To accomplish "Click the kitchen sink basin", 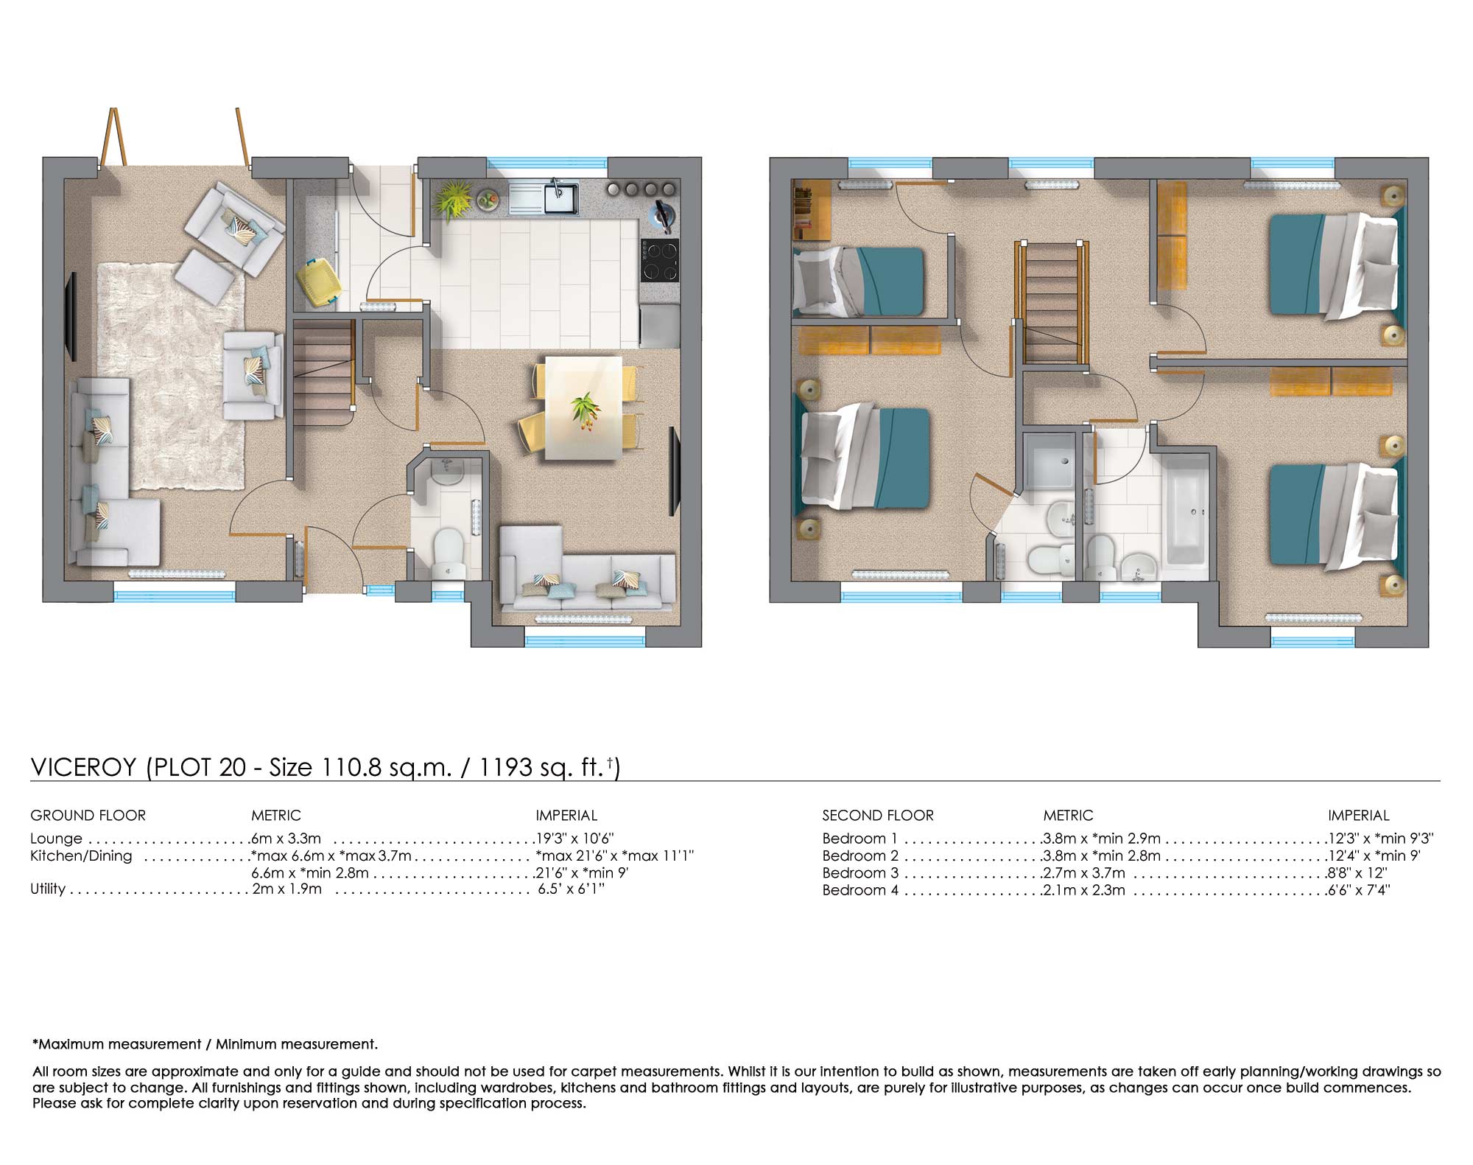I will [560, 198].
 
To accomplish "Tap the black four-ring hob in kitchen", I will [659, 260].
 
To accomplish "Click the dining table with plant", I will [583, 407].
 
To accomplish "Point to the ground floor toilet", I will [448, 554].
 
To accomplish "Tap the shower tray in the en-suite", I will [1049, 461].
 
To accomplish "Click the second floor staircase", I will [1052, 302].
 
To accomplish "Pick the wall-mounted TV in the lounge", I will [72, 316].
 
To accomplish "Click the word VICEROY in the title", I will [83, 767].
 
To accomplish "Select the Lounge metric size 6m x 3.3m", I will [286, 839].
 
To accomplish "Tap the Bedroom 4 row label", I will [859, 890].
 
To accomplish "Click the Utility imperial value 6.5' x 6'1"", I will [571, 889].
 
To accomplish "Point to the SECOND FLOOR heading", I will [877, 816].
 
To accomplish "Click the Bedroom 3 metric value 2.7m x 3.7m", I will [1084, 873].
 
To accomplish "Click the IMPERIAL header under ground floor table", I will [566, 816].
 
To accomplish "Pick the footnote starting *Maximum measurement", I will [205, 1044].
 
